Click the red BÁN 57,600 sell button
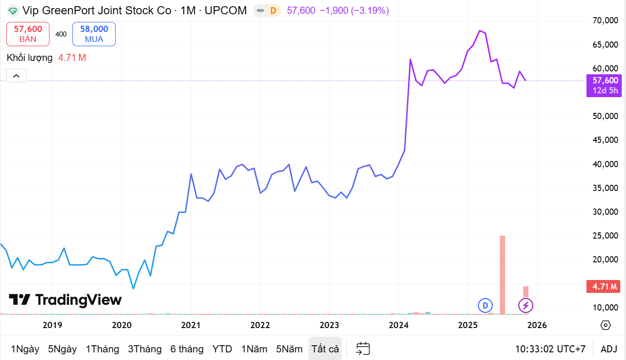click(28, 34)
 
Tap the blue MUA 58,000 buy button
click(94, 34)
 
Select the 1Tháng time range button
click(102, 349)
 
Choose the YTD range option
click(222, 349)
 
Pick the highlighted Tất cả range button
click(325, 349)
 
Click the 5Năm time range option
click(289, 349)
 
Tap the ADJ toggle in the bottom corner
click(609, 349)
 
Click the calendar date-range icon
click(363, 349)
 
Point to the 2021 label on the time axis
click(191, 325)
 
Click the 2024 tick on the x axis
click(398, 325)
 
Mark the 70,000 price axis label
click(605, 20)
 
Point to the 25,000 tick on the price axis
click(605, 236)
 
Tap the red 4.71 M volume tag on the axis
click(605, 287)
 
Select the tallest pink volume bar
click(502, 274)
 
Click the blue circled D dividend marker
click(485, 305)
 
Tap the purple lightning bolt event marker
click(526, 305)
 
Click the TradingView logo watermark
click(65, 300)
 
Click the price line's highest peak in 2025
click(479, 30)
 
